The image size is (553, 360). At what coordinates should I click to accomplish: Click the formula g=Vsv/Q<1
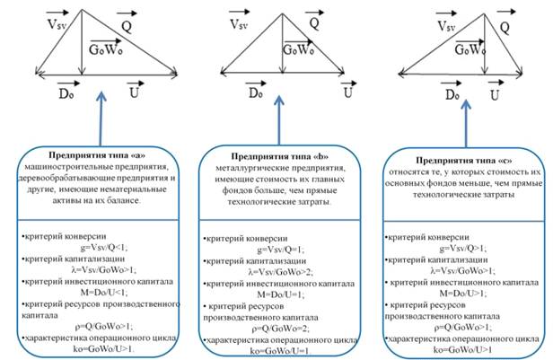point(88,245)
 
